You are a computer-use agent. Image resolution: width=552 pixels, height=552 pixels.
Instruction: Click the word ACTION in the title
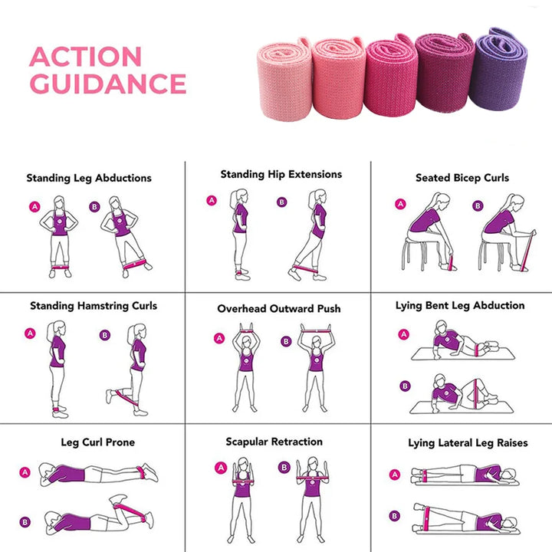coord(85,57)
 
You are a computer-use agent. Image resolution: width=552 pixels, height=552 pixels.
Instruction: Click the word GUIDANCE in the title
coord(107,84)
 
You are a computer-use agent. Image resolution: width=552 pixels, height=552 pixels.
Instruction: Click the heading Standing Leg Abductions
coord(89,178)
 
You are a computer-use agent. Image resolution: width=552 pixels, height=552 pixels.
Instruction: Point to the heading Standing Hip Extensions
coord(281,174)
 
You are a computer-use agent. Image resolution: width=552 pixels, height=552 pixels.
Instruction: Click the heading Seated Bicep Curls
coord(462,177)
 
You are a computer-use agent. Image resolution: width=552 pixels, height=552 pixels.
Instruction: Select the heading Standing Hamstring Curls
coord(94,305)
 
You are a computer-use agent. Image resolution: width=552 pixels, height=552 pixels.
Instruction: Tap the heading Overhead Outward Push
coord(279,308)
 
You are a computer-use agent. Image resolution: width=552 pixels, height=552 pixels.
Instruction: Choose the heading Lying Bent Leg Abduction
coord(460,305)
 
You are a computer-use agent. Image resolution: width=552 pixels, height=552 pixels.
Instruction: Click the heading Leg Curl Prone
coord(97,442)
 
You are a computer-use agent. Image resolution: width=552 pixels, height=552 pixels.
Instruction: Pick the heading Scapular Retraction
coord(274,442)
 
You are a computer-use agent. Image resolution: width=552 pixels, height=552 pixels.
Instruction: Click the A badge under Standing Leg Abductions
coord(34,206)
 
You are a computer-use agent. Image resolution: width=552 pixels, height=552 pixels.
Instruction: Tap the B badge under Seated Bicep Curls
coord(478,205)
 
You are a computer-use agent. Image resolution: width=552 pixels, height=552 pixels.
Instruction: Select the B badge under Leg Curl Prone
coord(25,522)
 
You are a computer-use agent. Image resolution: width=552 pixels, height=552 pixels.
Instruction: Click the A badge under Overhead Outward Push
coord(219,338)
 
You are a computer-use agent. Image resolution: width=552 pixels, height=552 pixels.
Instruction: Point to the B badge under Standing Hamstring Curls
coord(106,334)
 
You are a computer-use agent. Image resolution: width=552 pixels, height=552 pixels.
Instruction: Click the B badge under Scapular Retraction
coord(284,467)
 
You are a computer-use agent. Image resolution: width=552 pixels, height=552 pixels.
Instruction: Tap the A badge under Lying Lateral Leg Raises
coord(395,475)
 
